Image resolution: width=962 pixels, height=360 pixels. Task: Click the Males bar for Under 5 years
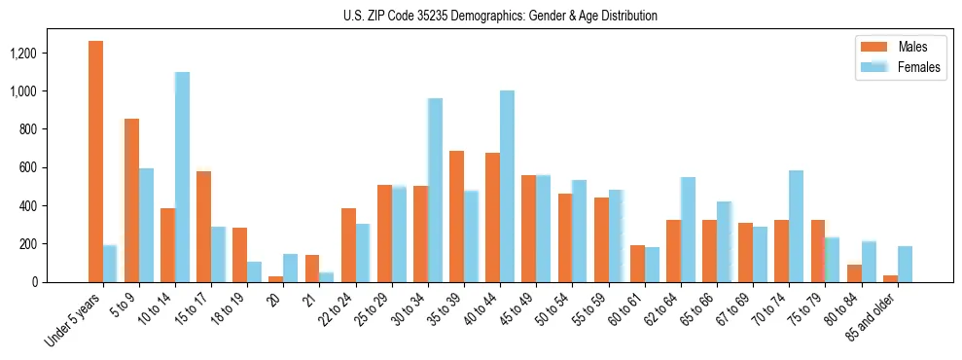click(x=95, y=162)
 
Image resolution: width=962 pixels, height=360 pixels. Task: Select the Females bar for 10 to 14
click(x=182, y=177)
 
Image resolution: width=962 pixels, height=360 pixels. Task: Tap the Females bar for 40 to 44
click(x=507, y=187)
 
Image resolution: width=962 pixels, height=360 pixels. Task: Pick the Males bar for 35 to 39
click(x=456, y=217)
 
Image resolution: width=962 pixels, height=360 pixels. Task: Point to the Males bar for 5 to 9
click(x=131, y=200)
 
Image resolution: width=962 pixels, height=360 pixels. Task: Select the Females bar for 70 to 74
click(x=796, y=227)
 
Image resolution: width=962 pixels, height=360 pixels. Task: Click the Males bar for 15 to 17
click(x=203, y=227)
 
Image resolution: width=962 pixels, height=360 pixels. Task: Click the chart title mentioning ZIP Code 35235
click(x=500, y=16)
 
